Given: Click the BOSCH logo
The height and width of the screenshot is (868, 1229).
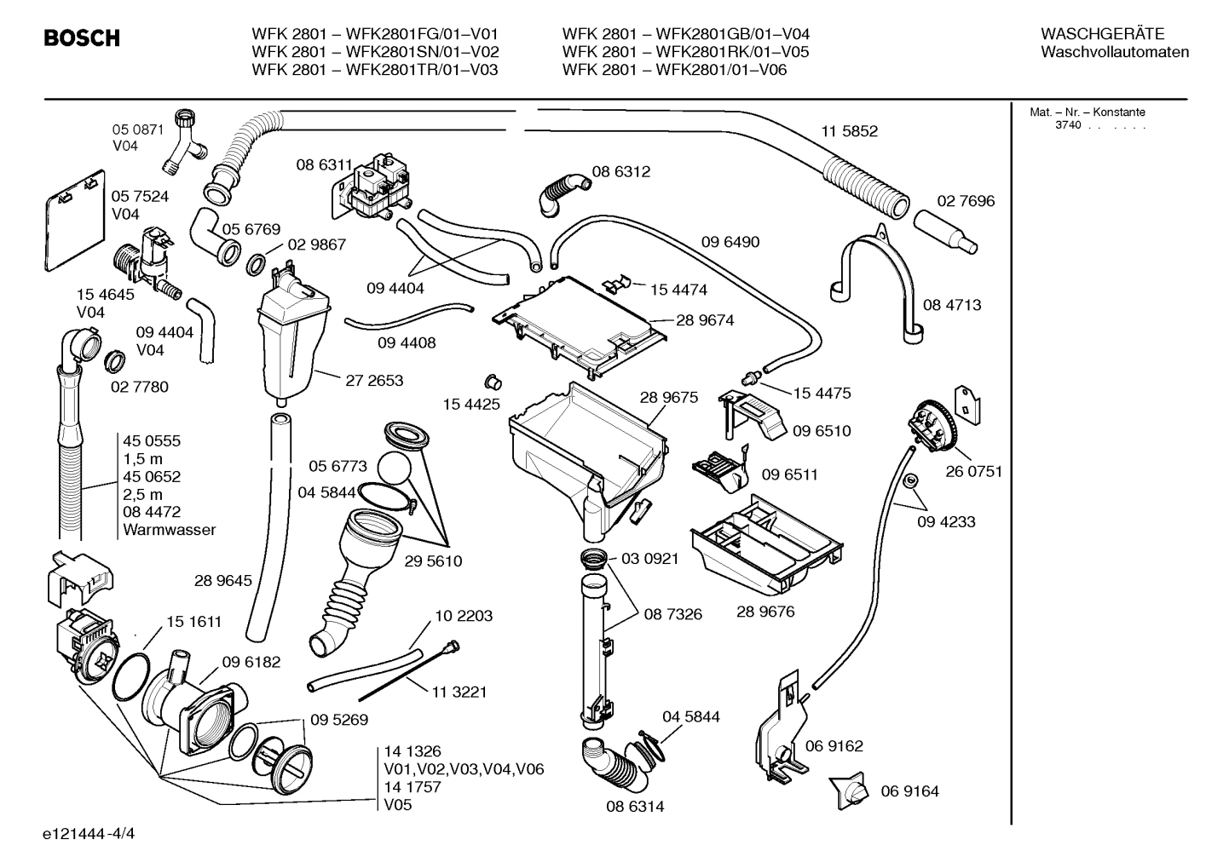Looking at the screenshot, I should click(82, 38).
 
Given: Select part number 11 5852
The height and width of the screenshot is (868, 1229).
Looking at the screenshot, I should click(849, 132).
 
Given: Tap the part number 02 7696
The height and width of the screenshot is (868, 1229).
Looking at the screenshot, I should click(966, 202).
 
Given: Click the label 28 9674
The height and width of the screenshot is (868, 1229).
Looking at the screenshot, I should click(705, 321).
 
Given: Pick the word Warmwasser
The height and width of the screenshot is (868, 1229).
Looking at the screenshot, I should click(169, 530).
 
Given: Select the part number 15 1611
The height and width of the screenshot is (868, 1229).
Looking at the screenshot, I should click(193, 622).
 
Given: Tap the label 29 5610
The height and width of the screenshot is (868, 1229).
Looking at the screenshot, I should click(433, 561).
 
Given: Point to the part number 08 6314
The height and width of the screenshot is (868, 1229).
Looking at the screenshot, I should click(635, 806).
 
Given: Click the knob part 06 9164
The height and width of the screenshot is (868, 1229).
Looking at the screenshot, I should click(850, 791).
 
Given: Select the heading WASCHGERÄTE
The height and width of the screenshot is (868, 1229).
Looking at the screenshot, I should click(1102, 34).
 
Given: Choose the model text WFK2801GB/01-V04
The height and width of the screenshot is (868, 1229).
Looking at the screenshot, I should click(732, 34).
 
